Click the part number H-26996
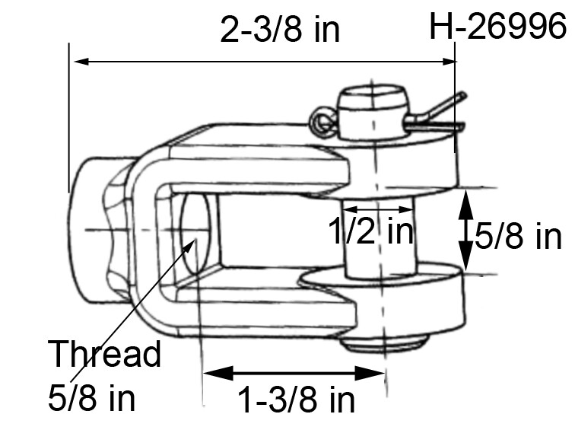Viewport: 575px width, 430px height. [498, 28]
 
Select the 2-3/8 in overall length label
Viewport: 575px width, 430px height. [279, 30]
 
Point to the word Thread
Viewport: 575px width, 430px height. [104, 355]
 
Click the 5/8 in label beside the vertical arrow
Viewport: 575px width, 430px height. [518, 237]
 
